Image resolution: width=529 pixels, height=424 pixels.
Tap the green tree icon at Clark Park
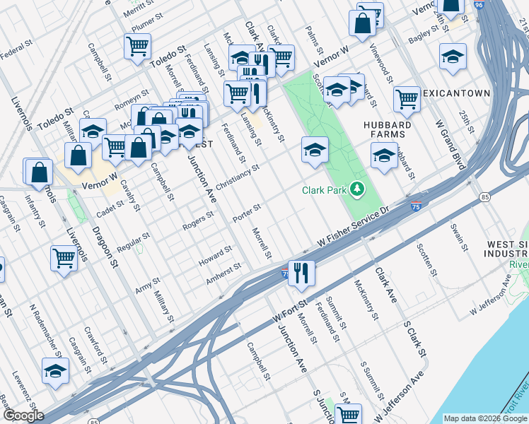[359, 189]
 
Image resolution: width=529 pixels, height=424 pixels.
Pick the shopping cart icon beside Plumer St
[137, 46]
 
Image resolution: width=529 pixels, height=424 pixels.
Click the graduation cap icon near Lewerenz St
[55, 371]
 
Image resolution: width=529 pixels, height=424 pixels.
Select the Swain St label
[460, 237]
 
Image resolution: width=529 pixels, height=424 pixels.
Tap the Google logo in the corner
[23, 416]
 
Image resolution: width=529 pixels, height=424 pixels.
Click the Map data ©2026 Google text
[485, 418]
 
